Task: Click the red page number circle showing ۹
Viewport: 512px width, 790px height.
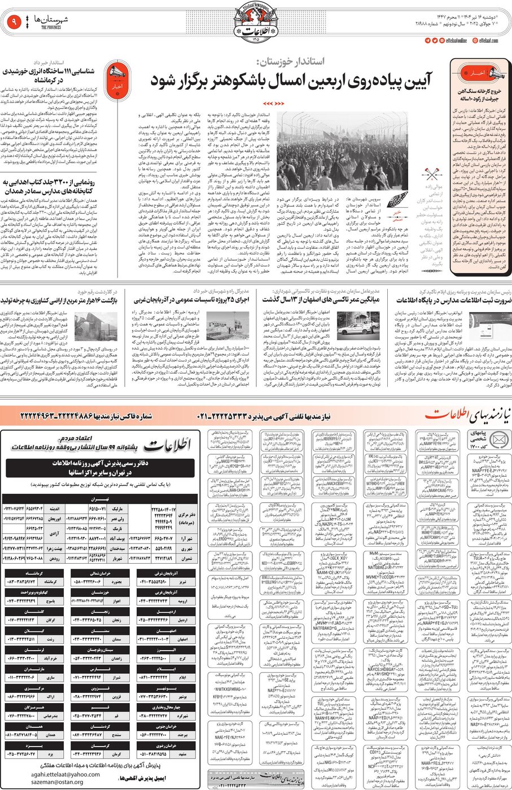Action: coord(13,23)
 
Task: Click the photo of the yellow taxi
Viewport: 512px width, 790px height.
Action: coord(358,324)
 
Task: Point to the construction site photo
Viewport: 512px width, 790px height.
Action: coord(227,326)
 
